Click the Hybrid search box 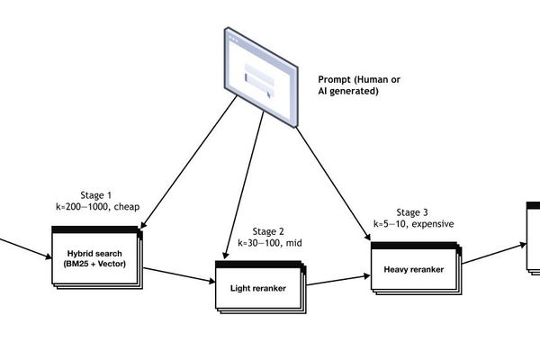pos(94,257)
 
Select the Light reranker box pos(259,288)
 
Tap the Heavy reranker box pos(414,269)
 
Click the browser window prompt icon pos(261,77)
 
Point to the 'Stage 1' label pos(96,195)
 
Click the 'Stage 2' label pos(270,230)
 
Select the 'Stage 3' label pos(413,212)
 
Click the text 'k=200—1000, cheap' pos(96,207)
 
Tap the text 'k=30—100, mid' pos(270,242)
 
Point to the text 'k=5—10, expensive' pos(413,224)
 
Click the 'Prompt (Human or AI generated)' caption pos(359,85)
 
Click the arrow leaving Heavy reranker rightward pos(493,252)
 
